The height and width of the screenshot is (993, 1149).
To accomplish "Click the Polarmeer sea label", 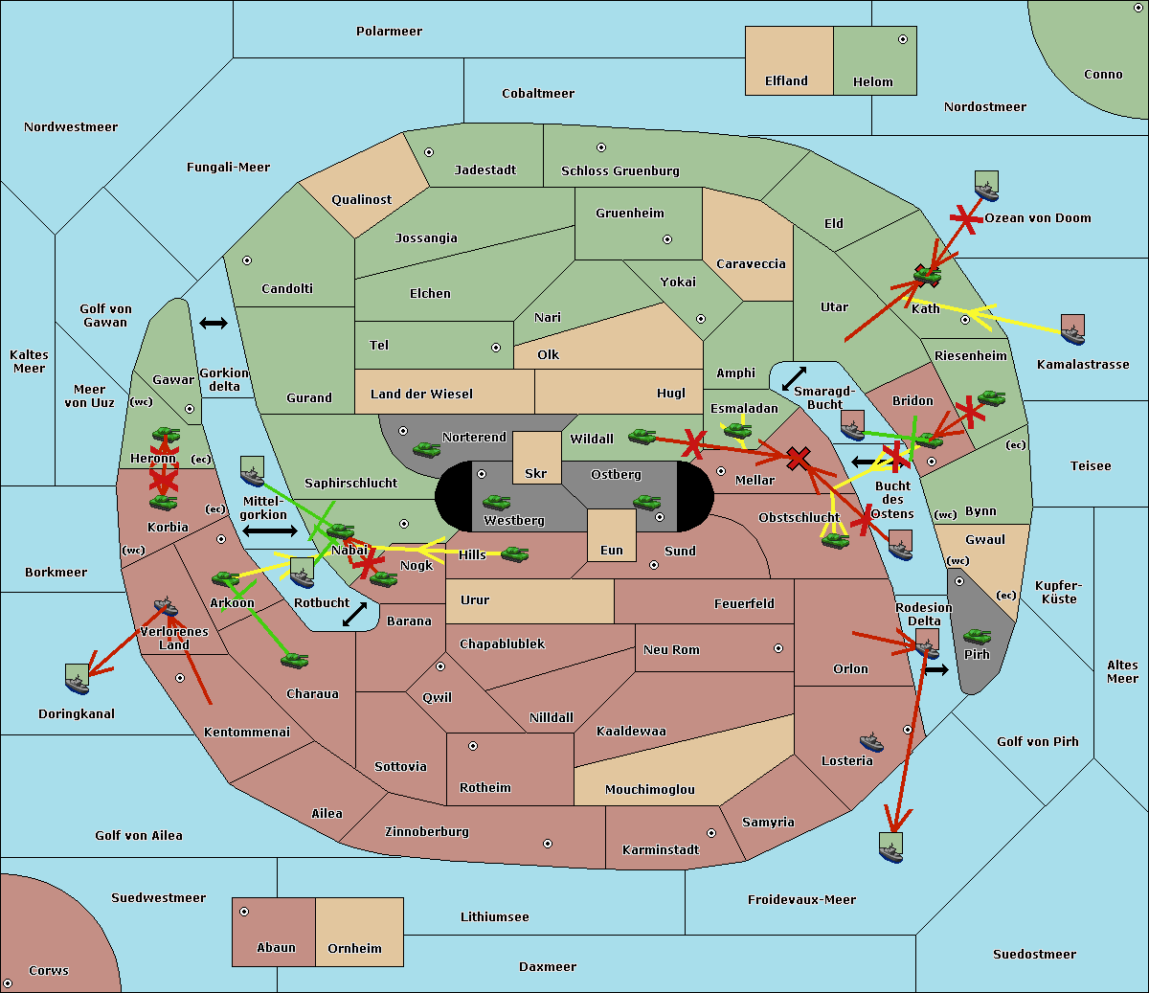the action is point(389,32).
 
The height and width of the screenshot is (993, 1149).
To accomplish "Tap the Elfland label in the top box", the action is point(786,81).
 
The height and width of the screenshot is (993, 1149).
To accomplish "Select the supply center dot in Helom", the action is point(903,39).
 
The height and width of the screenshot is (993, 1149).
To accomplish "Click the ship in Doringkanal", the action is point(78,679).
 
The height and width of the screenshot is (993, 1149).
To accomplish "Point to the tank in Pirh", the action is point(977,636).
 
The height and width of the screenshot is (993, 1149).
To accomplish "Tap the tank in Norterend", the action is point(426,449).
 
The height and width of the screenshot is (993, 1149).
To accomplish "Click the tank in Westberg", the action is point(496,502).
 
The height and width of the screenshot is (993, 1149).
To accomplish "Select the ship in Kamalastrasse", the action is point(1072,329).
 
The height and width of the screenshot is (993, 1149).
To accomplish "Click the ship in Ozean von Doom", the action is point(986,186).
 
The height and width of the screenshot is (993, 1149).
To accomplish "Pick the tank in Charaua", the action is point(294,660).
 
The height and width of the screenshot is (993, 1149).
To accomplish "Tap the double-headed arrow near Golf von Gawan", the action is point(214,323).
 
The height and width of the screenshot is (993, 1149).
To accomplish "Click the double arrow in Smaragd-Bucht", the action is point(794,378).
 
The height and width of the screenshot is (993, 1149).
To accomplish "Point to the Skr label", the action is point(536,473).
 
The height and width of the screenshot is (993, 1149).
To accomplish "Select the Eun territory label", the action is point(612,551).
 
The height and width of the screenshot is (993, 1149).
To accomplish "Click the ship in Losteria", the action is point(871,742).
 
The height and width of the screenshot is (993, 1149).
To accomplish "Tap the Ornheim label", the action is point(354,949).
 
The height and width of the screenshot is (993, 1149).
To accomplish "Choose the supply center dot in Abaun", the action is point(244,912).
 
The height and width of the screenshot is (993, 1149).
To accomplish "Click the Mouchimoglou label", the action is point(650,789).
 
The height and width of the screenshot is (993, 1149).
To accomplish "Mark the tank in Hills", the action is point(515,553).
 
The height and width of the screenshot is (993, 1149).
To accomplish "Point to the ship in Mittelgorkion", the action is point(253,471).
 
